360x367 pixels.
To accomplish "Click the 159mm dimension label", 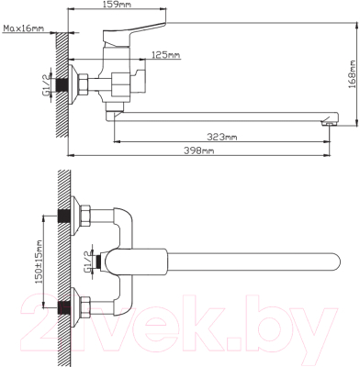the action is click(x=118, y=5).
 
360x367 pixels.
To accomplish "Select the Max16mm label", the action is click(x=24, y=28).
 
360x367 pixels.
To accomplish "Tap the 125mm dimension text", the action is click(x=166, y=55).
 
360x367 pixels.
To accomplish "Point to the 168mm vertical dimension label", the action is click(x=353, y=74).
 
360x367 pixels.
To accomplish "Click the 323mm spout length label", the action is click(x=222, y=137).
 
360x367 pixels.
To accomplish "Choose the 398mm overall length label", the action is click(x=199, y=150).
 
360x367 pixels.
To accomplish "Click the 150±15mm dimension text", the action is click(x=39, y=261).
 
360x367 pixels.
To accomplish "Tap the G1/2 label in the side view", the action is click(x=46, y=84).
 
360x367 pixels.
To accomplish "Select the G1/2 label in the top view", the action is click(x=87, y=261).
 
